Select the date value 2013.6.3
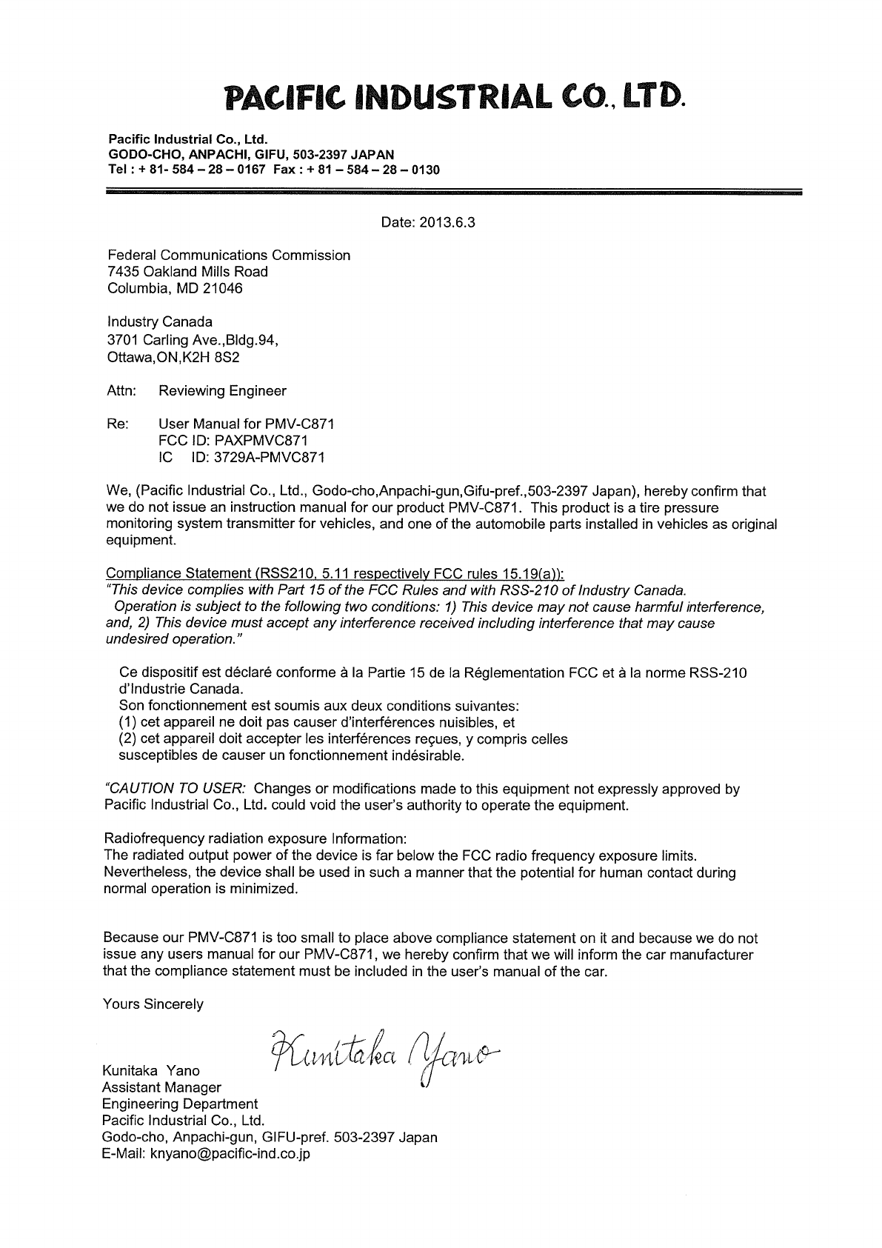click(x=444, y=222)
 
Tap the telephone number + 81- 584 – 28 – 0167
click(x=195, y=170)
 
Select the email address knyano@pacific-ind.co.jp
click(x=230, y=1153)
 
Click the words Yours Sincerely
click(x=153, y=1004)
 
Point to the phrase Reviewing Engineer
click(x=222, y=390)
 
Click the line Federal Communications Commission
click(x=228, y=256)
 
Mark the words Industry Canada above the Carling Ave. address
click(x=159, y=322)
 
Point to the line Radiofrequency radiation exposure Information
click(x=255, y=839)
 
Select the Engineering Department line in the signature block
click(x=179, y=1104)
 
